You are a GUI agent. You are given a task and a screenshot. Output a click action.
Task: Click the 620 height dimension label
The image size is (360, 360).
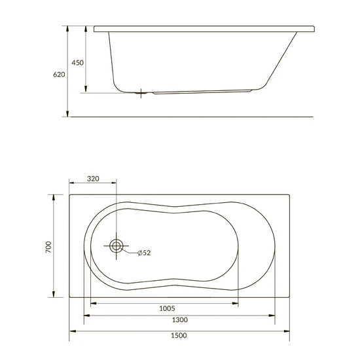point(59,75)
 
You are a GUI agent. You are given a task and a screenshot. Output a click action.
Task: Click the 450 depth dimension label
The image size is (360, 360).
point(78,63)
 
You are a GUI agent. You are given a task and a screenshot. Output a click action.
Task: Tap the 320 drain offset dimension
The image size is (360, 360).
point(93,179)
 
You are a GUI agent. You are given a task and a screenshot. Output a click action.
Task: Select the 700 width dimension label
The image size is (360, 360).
point(48,247)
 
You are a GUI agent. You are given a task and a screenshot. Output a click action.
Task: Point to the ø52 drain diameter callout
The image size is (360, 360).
point(144,253)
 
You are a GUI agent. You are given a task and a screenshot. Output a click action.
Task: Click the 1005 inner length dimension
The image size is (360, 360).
point(167,308)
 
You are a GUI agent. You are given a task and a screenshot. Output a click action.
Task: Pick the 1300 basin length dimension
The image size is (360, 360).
point(180,320)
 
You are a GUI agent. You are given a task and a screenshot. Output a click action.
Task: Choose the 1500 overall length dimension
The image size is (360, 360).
point(179,335)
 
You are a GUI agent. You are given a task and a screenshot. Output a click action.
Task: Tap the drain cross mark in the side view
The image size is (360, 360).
point(141,93)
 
